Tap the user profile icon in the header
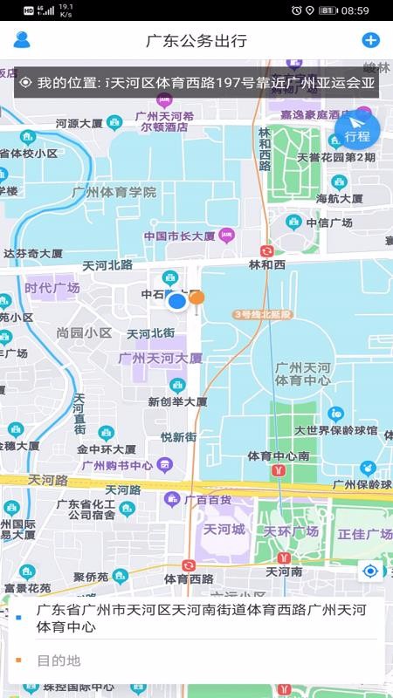click(x=22, y=40)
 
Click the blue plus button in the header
click(x=370, y=40)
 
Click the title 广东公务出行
click(x=196, y=41)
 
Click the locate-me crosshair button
click(x=371, y=571)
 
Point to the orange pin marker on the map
click(x=197, y=298)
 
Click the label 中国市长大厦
click(x=180, y=236)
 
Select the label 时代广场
click(x=52, y=288)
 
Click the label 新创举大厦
click(x=177, y=402)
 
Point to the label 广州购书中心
click(x=117, y=465)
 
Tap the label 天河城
click(x=223, y=530)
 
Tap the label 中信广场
click(x=334, y=222)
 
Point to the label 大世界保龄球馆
click(x=335, y=430)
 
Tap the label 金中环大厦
click(x=106, y=448)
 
